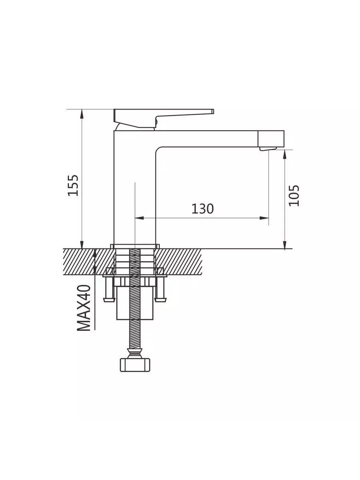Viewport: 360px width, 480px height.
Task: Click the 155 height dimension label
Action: (x=73, y=185)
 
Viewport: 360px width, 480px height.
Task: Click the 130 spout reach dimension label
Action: (x=202, y=209)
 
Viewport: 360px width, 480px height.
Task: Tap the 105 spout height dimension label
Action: (x=294, y=196)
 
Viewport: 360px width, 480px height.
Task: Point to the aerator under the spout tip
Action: (x=268, y=149)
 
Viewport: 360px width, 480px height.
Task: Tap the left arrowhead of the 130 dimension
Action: (x=139, y=218)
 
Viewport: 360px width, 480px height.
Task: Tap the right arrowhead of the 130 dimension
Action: (x=264, y=218)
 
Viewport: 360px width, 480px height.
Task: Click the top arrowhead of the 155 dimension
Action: (x=82, y=114)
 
